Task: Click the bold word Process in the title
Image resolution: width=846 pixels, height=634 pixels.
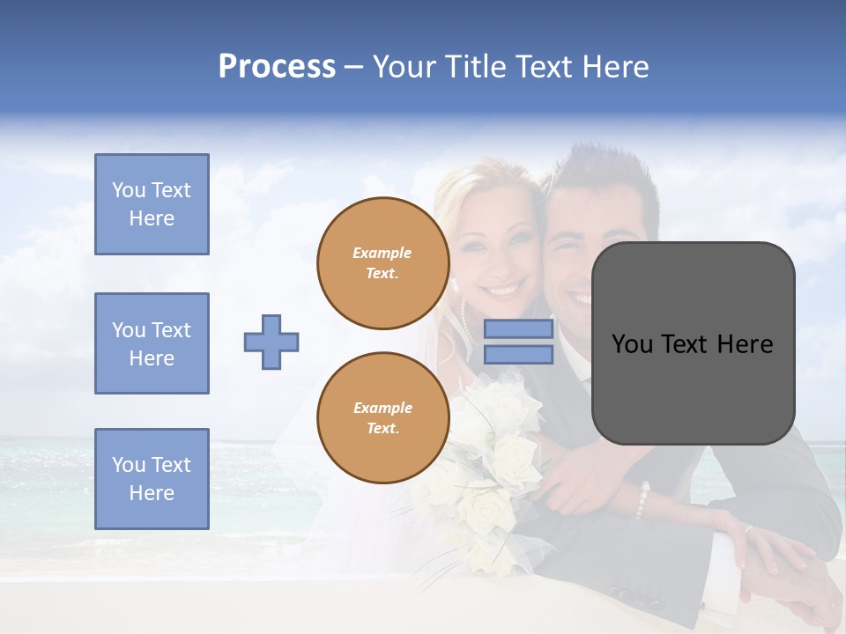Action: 277,66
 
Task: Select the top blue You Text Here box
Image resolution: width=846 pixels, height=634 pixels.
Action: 152,204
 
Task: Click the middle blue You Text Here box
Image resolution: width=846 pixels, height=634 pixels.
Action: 152,343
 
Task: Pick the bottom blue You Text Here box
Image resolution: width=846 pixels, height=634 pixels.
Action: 152,478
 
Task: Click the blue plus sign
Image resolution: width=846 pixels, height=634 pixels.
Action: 271,342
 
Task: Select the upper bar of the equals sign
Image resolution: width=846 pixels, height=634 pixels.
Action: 518,329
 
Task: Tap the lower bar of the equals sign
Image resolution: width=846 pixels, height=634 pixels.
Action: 518,355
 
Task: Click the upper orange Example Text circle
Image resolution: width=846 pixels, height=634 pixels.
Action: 382,262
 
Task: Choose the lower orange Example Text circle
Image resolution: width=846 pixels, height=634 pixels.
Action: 382,418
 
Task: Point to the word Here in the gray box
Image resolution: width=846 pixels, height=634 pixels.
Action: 746,344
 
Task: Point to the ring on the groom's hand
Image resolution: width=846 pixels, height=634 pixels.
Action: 748,530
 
